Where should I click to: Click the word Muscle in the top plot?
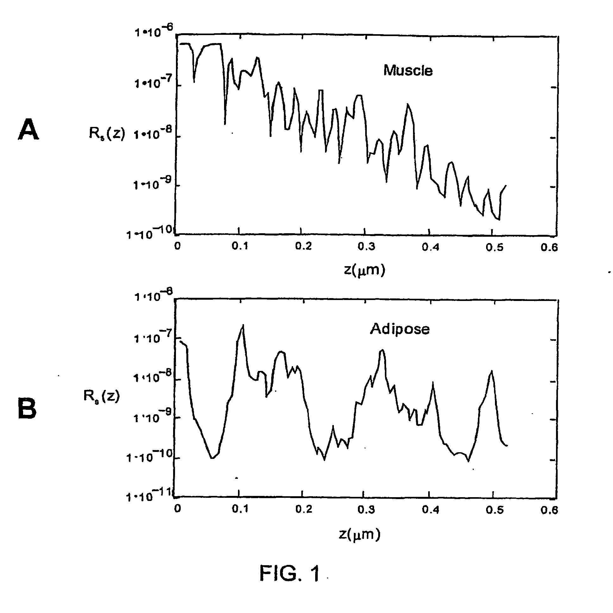click(x=408, y=71)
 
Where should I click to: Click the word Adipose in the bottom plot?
click(x=400, y=329)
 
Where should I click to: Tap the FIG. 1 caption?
click(x=290, y=573)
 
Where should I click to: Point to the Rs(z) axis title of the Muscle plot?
click(x=107, y=133)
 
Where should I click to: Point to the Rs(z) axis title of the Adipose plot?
click(x=102, y=396)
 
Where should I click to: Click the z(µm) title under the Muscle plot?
click(x=365, y=270)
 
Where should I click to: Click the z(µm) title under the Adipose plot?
click(x=360, y=535)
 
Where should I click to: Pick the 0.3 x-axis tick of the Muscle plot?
click(x=366, y=247)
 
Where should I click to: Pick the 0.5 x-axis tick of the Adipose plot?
click(x=494, y=510)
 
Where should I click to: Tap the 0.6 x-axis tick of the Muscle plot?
click(x=549, y=247)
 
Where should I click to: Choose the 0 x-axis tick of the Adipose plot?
click(x=178, y=509)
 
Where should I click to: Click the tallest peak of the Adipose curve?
click(x=243, y=325)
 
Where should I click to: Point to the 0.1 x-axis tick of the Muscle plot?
click(x=240, y=247)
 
